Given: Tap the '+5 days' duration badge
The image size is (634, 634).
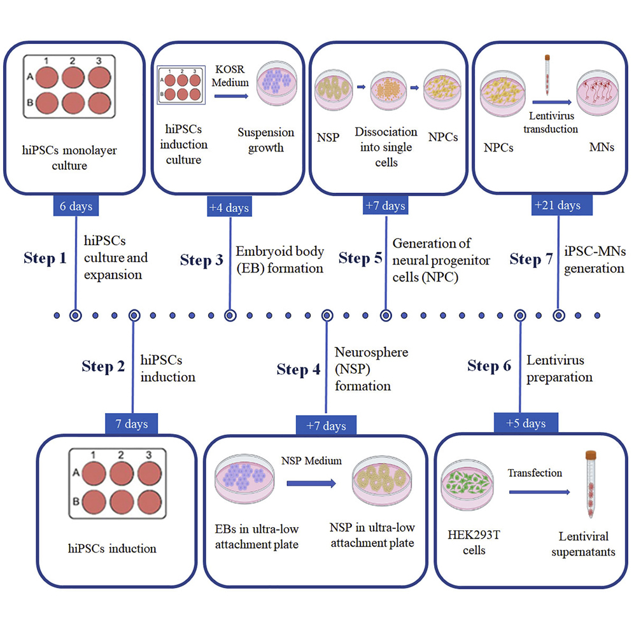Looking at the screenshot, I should (520, 423).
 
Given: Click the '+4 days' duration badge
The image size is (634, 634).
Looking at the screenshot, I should (229, 207).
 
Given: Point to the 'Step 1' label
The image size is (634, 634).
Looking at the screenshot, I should (45, 258).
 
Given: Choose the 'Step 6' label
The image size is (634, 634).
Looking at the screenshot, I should (489, 366).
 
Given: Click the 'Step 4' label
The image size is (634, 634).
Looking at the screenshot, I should (299, 369).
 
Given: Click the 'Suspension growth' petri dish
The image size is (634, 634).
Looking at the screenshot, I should (275, 89).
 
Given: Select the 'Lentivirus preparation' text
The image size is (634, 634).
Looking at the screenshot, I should (559, 369).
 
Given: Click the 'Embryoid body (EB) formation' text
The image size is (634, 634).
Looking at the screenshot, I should (279, 260).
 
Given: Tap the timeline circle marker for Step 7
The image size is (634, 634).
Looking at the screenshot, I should (558, 314).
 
